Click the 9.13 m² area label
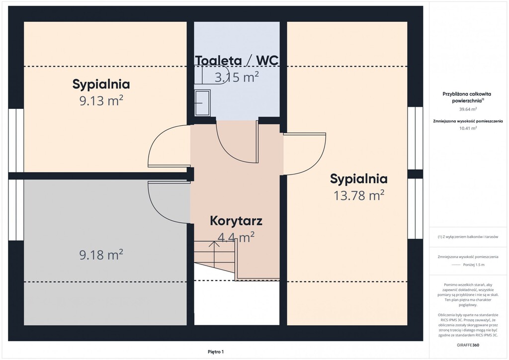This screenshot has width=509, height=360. [x=101, y=100]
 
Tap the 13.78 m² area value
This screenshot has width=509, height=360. [x=359, y=195]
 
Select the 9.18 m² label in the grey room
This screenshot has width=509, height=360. [x=101, y=255]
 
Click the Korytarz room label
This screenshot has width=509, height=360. [x=236, y=221]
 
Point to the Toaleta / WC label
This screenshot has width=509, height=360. [x=237, y=60]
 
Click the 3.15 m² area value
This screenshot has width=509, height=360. [x=237, y=77]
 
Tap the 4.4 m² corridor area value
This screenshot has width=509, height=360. [x=236, y=237]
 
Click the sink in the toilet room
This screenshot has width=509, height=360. [x=202, y=102]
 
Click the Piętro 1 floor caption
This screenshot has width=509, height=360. [x=216, y=352]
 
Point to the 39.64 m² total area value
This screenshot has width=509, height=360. [x=468, y=109]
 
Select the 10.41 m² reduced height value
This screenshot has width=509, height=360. [x=468, y=128]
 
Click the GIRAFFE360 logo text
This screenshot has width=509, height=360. [x=468, y=345]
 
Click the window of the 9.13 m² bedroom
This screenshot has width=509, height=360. [x=16, y=140]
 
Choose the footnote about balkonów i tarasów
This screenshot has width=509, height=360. [x=468, y=237]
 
